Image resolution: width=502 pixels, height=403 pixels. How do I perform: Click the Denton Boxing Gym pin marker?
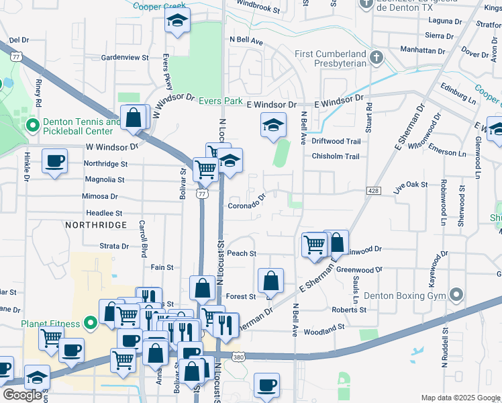[456, 295]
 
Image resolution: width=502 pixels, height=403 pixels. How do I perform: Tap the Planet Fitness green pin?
[92, 323]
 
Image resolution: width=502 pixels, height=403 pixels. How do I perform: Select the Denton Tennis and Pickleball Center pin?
[31, 126]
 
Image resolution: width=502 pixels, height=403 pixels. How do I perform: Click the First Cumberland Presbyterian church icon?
[376, 58]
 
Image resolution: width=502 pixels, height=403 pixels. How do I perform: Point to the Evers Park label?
[220, 101]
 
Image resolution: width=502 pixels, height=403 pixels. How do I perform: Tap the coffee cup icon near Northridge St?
[54, 161]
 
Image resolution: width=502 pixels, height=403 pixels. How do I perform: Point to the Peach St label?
[242, 253]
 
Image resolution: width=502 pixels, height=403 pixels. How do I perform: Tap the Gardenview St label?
[124, 58]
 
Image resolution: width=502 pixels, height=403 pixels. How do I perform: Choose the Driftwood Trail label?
[336, 141]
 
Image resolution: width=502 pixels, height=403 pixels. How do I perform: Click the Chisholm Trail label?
[335, 156]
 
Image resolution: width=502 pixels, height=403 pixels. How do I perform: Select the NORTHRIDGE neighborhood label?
[96, 224]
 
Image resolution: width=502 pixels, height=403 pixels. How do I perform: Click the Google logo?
[23, 395]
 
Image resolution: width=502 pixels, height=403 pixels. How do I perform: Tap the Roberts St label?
[348, 310]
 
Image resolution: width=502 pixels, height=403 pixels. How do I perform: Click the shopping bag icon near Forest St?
[270, 279]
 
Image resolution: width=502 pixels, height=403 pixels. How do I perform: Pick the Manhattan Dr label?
[423, 50]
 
